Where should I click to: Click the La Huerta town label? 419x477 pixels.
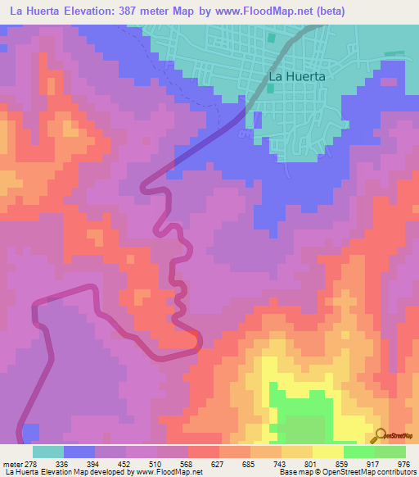[297, 76]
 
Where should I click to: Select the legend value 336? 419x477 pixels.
[61, 463]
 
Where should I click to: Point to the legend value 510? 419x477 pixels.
[155, 463]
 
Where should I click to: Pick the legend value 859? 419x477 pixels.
[344, 463]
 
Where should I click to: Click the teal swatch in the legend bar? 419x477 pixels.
[48, 452]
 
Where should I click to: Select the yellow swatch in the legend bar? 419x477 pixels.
[327, 452]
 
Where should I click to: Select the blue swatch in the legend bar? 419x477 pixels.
[79, 452]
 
